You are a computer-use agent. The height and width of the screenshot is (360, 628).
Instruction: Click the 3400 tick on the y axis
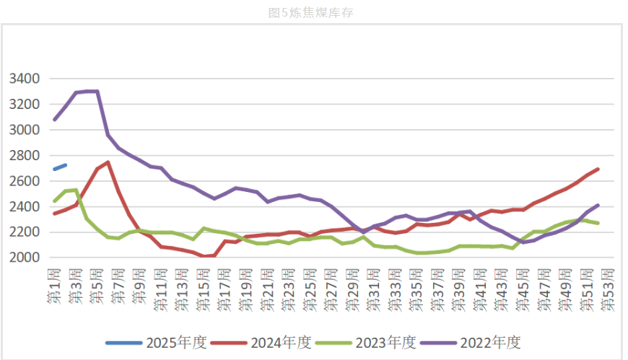pyautogui.click(x=25, y=79)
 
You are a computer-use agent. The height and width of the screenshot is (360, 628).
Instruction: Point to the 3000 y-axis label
pyautogui.click(x=25, y=130)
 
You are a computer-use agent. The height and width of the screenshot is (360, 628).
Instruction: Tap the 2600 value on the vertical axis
pyautogui.click(x=25, y=181)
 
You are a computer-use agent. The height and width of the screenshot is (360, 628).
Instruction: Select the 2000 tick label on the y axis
pyautogui.click(x=25, y=258)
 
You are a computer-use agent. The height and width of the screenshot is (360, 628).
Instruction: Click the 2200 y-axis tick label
pyautogui.click(x=25, y=232)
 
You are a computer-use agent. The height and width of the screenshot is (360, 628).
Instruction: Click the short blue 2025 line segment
pyautogui.click(x=60, y=167)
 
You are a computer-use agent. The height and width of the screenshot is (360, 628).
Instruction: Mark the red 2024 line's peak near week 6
pyautogui.click(x=108, y=162)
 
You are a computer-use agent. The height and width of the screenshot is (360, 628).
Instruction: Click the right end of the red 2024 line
pyautogui.click(x=598, y=169)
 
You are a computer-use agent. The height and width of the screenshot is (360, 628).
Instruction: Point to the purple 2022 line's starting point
pyautogui.click(x=54, y=119)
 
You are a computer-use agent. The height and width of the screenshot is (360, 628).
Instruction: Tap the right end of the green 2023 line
pyautogui.click(x=598, y=223)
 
